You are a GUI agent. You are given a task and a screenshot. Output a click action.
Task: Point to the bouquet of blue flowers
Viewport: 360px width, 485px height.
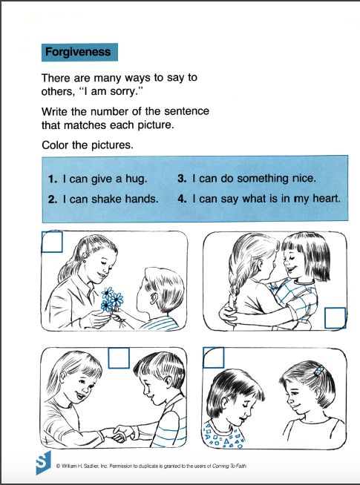[x=111, y=300]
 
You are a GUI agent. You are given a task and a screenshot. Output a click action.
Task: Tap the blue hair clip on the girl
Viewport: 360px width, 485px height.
[x=319, y=370]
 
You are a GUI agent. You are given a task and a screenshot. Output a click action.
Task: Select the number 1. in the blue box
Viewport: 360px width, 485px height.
[x=53, y=179]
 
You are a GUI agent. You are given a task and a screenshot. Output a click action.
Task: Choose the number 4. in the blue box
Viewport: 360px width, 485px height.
[x=182, y=198]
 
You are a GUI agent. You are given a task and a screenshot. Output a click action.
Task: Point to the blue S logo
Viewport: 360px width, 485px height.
[x=43, y=463]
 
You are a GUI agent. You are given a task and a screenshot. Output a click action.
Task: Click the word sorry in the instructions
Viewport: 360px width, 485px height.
[x=124, y=92]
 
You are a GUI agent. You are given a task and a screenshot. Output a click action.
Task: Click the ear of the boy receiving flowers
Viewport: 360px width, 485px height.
[x=153, y=298]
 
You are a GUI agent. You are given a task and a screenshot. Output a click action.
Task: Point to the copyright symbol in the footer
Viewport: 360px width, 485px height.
[x=58, y=466]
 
